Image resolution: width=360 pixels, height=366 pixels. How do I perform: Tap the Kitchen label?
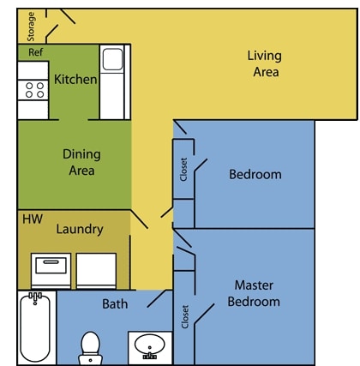point(75,80)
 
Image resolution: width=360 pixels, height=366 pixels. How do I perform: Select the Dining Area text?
point(81,162)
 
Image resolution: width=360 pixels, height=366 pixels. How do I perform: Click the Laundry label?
point(80,229)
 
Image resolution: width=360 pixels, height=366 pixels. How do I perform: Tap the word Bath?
point(115,303)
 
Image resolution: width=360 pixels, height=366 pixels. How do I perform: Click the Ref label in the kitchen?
point(35,52)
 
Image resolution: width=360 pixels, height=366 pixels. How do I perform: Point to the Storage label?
point(32,26)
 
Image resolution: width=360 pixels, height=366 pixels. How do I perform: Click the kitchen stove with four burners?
point(33,89)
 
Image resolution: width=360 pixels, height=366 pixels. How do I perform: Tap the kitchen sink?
point(111,60)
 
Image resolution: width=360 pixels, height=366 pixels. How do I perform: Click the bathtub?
point(36,327)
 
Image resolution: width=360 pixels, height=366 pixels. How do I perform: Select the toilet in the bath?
point(90,346)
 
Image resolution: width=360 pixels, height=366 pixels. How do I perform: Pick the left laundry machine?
point(51,269)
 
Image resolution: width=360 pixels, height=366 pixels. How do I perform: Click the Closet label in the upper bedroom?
point(183,168)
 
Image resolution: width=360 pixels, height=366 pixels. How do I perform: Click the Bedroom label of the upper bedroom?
point(255,175)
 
